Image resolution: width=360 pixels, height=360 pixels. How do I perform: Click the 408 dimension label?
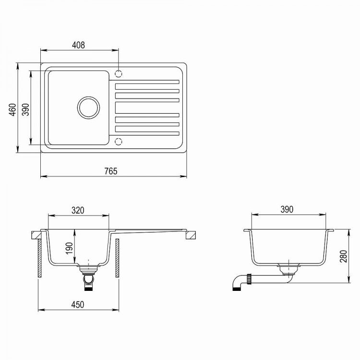(78, 45)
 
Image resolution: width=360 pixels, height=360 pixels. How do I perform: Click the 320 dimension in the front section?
(78, 210)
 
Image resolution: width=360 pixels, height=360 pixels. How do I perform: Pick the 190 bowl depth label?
(69, 248)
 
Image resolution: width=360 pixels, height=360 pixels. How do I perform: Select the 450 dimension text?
(78, 304)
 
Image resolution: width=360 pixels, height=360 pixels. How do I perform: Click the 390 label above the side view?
(287, 210)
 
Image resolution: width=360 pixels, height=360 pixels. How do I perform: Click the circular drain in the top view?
(88, 107)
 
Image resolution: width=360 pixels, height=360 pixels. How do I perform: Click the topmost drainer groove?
(147, 83)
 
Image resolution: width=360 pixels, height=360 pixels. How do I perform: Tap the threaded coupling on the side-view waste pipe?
(249, 278)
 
